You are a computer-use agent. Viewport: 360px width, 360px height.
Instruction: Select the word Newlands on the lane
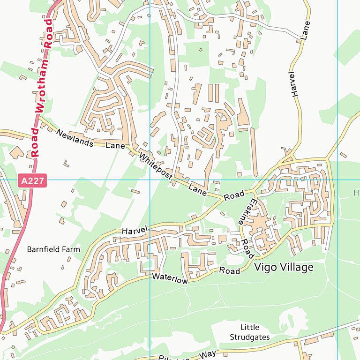(x=75, y=138)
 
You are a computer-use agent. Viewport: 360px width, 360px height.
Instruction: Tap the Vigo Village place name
(x=284, y=267)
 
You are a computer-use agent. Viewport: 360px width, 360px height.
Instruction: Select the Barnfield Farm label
(x=53, y=249)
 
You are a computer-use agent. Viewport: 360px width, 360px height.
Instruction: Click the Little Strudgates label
(x=249, y=332)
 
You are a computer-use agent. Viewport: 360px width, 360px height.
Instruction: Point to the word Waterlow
(x=170, y=278)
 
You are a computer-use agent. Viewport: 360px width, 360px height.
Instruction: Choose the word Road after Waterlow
(x=230, y=271)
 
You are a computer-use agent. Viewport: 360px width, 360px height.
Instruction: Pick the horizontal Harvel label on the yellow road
(x=135, y=231)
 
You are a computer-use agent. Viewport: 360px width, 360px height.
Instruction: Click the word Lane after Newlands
(x=115, y=146)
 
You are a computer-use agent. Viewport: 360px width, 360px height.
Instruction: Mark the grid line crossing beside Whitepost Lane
(x=150, y=180)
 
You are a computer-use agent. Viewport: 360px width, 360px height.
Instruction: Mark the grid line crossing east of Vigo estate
(x=337, y=180)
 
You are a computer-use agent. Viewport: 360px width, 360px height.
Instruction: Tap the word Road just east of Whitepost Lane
(x=234, y=195)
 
